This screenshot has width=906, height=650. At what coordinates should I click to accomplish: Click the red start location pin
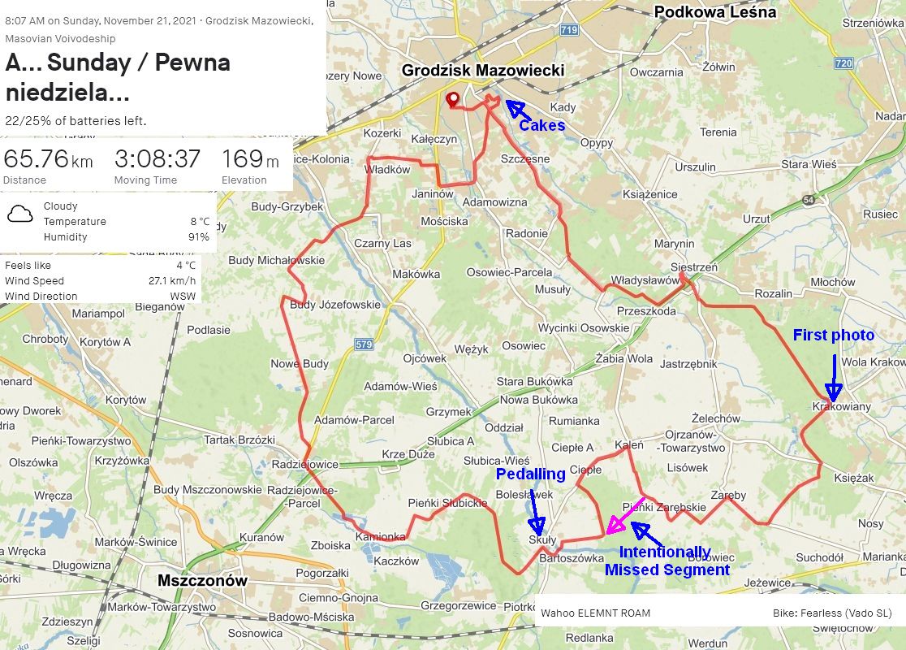point(452,100)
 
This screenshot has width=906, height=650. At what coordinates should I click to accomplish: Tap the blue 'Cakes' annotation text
point(541,125)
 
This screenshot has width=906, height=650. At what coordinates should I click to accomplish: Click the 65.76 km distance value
point(48,159)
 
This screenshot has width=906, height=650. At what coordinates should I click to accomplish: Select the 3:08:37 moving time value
point(157,159)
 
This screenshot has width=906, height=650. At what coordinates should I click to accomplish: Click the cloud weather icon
point(19,214)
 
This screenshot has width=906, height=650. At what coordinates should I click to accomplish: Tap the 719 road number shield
point(569,30)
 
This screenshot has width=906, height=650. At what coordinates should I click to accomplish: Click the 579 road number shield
point(364,344)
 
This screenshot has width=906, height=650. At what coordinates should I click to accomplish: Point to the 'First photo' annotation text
point(833,335)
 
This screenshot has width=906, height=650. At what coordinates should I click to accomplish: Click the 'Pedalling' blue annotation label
point(530,474)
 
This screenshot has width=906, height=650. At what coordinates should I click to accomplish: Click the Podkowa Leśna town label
point(714,11)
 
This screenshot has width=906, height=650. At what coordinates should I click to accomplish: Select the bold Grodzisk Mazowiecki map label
point(482,71)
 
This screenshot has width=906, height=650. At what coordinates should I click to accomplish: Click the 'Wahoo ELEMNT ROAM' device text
point(595,613)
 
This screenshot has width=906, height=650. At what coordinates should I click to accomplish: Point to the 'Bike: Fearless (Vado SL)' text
point(832,613)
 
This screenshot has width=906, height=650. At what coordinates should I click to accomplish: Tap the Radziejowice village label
point(304,464)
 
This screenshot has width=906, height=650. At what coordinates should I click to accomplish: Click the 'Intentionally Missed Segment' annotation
point(666,561)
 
